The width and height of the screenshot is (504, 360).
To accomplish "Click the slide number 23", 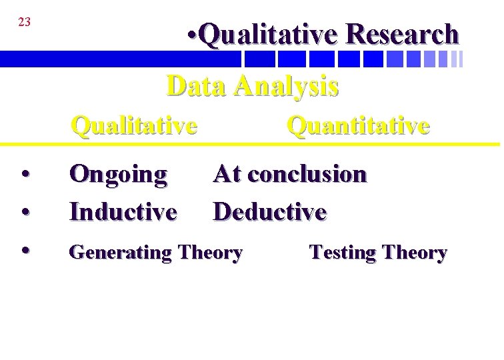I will [24, 22].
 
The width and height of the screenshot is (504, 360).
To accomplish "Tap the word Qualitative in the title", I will [269, 35].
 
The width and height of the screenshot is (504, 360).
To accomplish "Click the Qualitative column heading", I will [134, 125].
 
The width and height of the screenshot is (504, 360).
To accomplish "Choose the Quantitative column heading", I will [357, 125].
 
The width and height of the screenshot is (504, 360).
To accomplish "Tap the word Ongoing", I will [118, 175].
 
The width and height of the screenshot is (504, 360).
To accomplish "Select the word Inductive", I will [123, 212].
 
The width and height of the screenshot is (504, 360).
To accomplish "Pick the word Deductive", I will [270, 212].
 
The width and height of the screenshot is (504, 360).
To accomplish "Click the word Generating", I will [120, 253].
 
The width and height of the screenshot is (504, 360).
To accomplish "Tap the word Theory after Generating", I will [210, 253].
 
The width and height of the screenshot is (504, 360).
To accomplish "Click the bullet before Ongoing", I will [24, 175].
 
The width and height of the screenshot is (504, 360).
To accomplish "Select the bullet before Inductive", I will [24, 212].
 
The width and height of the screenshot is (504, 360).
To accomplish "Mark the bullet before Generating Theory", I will [24, 251].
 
